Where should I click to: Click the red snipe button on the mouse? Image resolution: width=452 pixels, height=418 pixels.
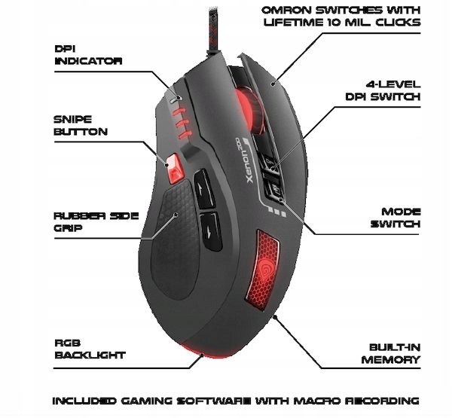[x=175, y=168]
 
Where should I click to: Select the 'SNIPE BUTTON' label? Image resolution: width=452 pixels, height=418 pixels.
[x=81, y=125]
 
